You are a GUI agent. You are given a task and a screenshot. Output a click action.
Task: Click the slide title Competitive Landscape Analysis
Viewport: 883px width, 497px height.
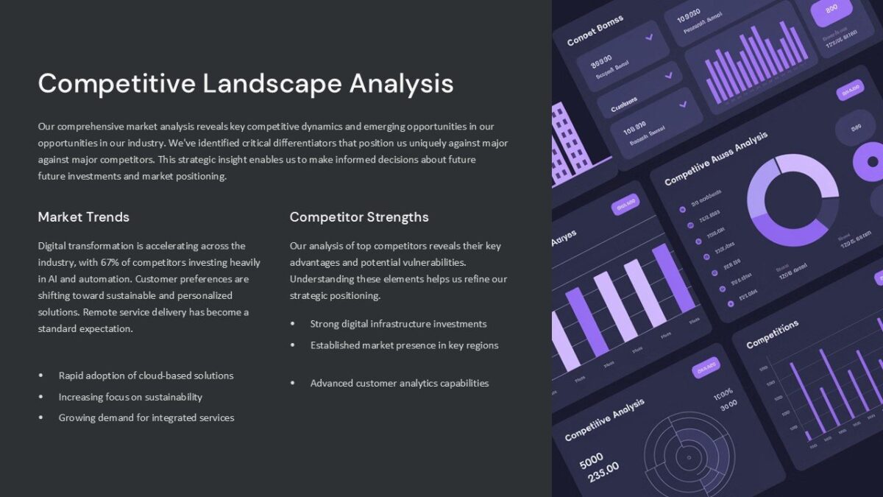[x=245, y=83]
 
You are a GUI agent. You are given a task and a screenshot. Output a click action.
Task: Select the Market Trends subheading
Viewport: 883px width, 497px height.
[x=83, y=217]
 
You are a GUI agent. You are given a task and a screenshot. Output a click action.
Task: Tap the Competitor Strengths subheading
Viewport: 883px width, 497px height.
[x=359, y=217]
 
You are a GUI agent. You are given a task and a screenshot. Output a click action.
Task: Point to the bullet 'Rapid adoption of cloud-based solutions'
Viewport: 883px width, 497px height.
[x=146, y=376]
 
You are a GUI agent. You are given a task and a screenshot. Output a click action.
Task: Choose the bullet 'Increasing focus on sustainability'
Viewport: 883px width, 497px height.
[x=130, y=397]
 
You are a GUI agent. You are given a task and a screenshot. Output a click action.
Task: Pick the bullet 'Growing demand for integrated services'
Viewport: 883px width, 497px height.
[x=146, y=417]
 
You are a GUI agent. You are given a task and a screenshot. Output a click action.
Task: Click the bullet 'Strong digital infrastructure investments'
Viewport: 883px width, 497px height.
[x=398, y=324]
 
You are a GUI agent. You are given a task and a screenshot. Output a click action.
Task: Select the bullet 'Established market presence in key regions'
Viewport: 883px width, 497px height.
[x=404, y=345]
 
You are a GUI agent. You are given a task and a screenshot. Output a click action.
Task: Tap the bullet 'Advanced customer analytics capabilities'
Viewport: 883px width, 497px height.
[x=399, y=383]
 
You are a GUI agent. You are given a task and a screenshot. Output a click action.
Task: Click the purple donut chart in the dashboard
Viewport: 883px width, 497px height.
[x=792, y=200]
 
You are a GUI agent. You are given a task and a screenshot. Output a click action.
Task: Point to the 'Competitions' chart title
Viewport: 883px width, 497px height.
[x=772, y=334]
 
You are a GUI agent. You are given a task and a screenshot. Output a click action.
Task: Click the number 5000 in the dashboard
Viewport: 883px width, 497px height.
[x=591, y=461]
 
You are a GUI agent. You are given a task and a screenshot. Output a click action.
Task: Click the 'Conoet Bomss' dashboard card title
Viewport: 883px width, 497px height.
[x=595, y=31]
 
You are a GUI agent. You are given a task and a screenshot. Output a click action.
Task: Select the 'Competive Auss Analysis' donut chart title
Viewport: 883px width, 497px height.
[x=715, y=158]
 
